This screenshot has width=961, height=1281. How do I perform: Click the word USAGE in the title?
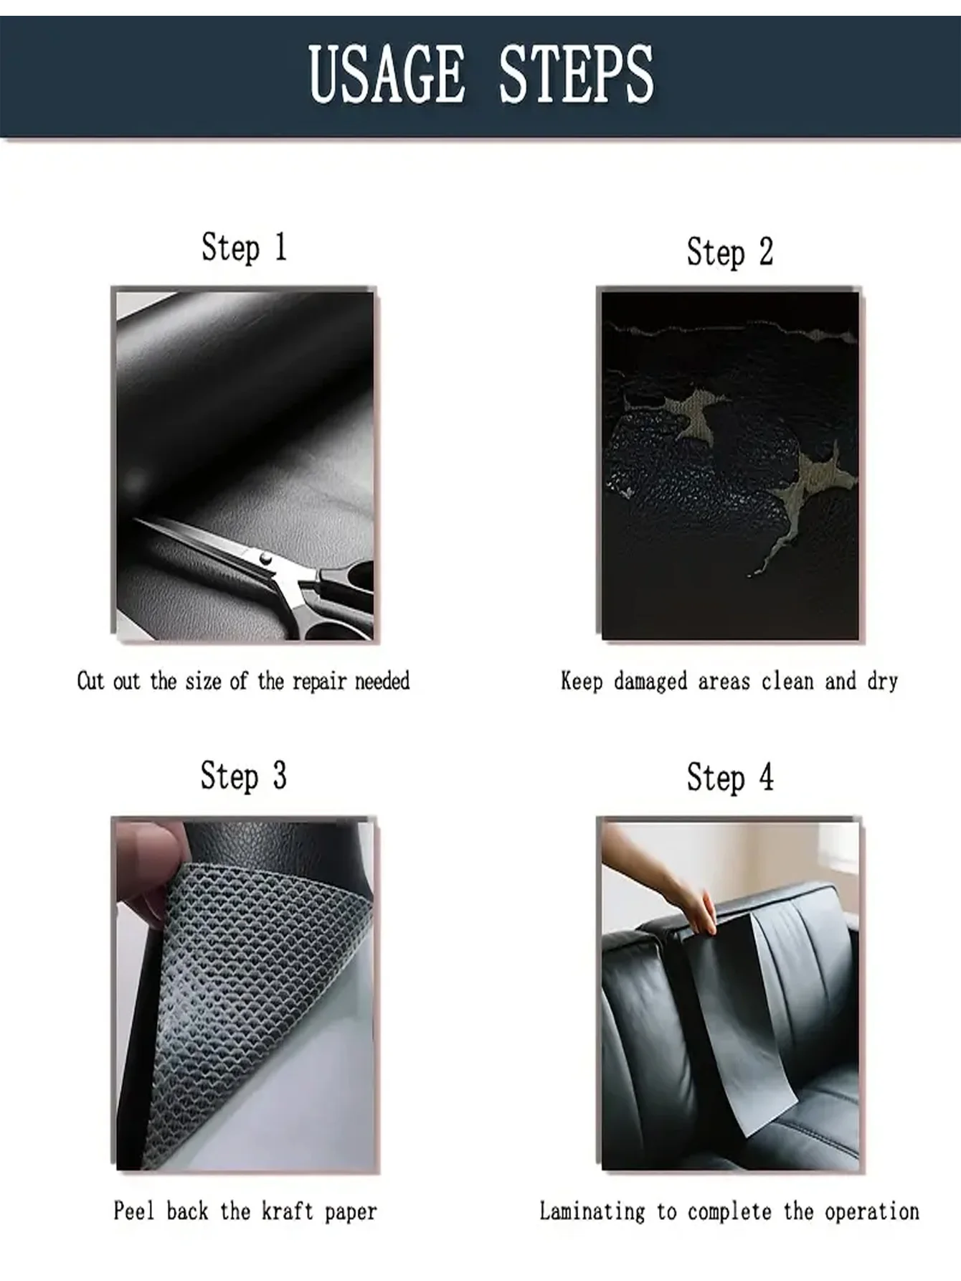387,73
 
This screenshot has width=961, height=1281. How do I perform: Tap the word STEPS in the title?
576,73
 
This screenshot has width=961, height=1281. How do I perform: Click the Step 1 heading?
244,248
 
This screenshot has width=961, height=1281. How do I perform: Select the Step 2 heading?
730,253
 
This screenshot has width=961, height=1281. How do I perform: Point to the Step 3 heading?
244,776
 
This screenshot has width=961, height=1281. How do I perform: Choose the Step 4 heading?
730,778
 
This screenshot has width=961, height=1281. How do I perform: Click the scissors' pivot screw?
265,558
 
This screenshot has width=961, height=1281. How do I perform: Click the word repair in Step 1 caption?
319,682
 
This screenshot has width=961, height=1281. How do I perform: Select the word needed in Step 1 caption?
382,680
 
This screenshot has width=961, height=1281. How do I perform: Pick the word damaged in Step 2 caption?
650,682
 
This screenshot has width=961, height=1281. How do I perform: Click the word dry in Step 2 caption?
882,682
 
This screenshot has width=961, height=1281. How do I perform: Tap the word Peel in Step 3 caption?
134,1211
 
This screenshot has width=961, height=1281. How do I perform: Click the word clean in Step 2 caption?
787,680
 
